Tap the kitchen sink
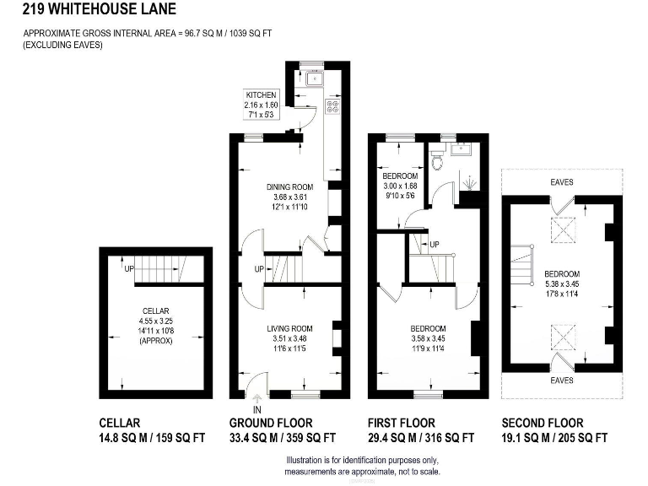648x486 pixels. (x=314, y=79)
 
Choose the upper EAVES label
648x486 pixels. (x=563, y=181)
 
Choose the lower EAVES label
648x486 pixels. (x=562, y=381)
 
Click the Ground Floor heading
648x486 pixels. (x=271, y=423)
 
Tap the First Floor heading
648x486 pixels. (x=402, y=423)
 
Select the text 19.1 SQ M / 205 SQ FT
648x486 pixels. (x=554, y=438)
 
